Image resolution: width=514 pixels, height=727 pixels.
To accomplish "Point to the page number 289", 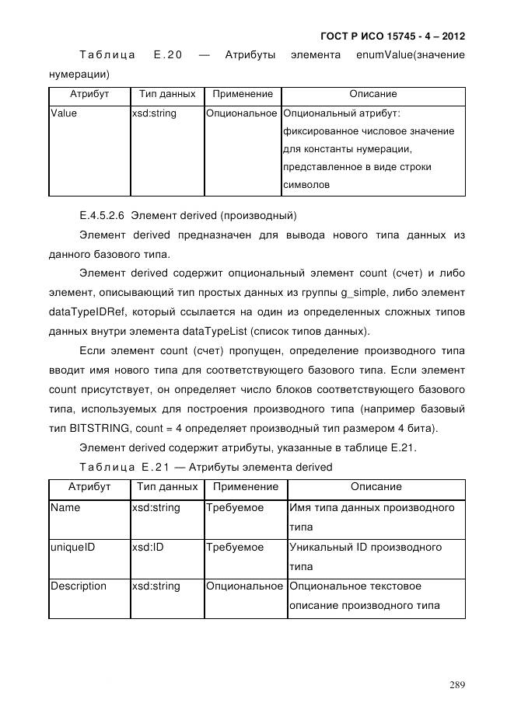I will click(456, 684).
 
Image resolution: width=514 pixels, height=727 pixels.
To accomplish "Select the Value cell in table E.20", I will click(64, 113).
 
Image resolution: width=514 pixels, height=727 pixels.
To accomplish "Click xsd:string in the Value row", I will click(154, 113).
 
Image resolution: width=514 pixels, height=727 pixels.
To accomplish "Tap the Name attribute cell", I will click(65, 507).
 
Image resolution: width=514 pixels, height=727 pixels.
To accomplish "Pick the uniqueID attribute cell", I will click(73, 547).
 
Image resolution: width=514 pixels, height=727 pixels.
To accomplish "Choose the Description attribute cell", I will click(79, 586).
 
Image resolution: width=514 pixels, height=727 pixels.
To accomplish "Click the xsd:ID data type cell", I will click(147, 547).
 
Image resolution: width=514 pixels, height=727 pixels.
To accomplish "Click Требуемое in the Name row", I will click(235, 507).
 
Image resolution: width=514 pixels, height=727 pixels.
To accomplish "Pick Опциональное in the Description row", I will click(244, 586).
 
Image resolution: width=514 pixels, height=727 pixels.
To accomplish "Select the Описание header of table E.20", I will click(372, 94).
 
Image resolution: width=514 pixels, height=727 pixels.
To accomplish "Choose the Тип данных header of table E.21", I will click(166, 487).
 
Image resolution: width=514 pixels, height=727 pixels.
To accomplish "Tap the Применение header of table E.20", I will click(242, 94).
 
